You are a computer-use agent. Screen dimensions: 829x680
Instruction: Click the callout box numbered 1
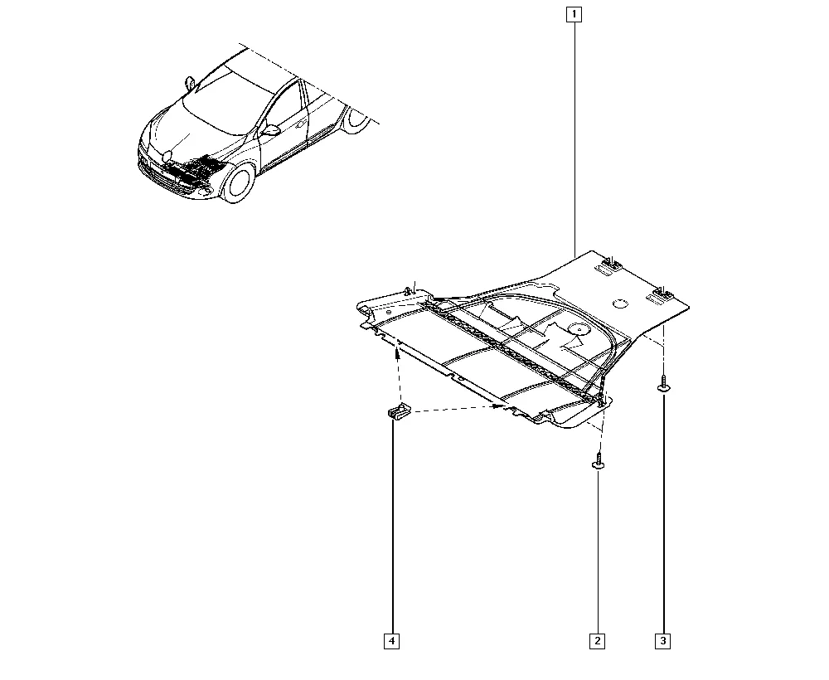(574, 14)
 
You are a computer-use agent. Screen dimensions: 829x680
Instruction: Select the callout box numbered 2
(598, 641)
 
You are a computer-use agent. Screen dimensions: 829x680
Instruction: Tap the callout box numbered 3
(663, 641)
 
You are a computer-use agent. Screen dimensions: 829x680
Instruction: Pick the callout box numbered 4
(392, 641)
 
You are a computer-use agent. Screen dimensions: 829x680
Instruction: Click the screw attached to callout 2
(598, 460)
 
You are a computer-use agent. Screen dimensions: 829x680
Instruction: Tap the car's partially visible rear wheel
(356, 120)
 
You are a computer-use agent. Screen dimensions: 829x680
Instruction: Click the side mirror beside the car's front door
(271, 130)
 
